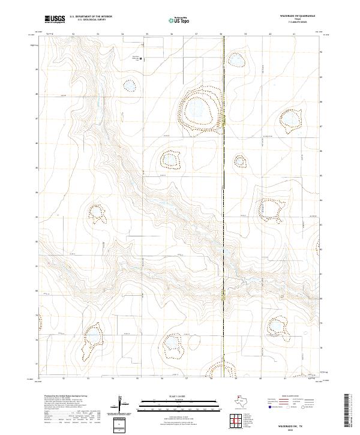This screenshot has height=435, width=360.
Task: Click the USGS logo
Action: (x=55, y=19)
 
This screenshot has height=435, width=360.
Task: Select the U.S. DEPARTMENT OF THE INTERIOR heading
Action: (x=91, y=17)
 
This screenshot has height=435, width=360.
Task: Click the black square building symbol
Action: (x=140, y=59)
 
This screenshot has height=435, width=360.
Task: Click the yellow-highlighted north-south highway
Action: (x=223, y=180)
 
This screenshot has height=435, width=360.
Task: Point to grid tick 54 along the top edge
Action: (x=122, y=35)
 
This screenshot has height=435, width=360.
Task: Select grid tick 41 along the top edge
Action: (x=294, y=35)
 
